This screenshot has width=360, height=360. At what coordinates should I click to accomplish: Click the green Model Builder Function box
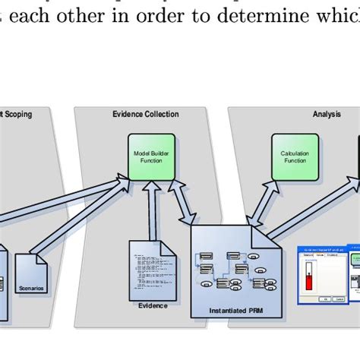click(x=152, y=156)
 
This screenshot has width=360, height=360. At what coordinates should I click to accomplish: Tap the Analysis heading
click(x=327, y=115)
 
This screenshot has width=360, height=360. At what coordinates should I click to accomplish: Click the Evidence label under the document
click(x=152, y=305)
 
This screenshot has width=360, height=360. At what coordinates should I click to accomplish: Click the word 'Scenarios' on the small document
click(x=31, y=288)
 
